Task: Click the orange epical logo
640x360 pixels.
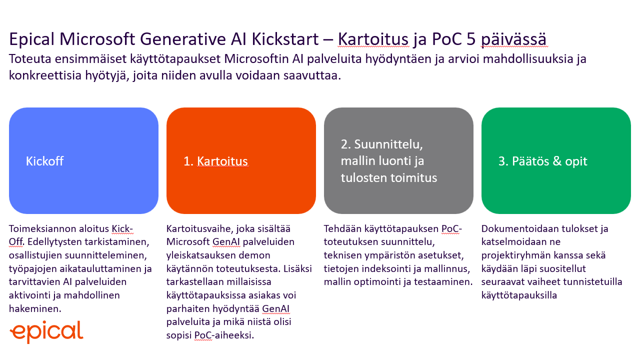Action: click(x=46, y=331)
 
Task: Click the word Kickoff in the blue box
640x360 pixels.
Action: click(x=44, y=161)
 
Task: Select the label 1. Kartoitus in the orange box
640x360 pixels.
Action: click(x=215, y=161)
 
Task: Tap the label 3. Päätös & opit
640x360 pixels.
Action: click(x=542, y=161)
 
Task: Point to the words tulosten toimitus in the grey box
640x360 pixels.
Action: click(x=389, y=177)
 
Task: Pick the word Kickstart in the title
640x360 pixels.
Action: click(x=285, y=39)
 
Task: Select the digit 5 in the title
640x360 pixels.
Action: click(x=471, y=39)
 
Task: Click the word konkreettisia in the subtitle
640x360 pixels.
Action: click(x=45, y=75)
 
